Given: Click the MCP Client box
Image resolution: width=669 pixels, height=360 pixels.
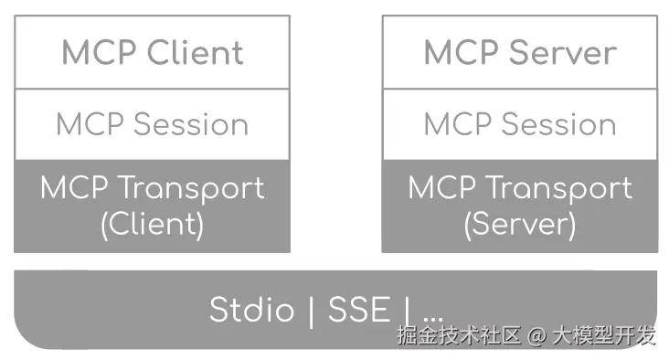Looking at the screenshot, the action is (152, 52).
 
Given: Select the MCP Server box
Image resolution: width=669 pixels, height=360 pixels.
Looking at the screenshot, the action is (519, 52).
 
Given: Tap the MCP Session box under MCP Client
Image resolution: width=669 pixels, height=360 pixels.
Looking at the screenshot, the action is (152, 124).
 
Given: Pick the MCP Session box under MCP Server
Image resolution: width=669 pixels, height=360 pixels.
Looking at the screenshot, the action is (519, 124).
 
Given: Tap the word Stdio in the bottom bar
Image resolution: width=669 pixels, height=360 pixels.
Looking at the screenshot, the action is (252, 310).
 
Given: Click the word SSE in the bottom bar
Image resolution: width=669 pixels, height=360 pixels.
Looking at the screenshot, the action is (359, 310).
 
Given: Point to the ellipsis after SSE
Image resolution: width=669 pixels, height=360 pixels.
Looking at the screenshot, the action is (431, 316).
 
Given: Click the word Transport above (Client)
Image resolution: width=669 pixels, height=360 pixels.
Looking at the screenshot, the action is (193, 188).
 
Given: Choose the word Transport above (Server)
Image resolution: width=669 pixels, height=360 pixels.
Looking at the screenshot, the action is (560, 188).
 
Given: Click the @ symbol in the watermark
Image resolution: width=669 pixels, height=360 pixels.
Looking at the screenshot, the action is (537, 336).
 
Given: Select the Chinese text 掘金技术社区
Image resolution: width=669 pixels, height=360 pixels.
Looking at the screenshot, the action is (459, 336).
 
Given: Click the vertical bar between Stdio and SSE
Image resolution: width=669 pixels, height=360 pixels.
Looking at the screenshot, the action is (311, 310).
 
